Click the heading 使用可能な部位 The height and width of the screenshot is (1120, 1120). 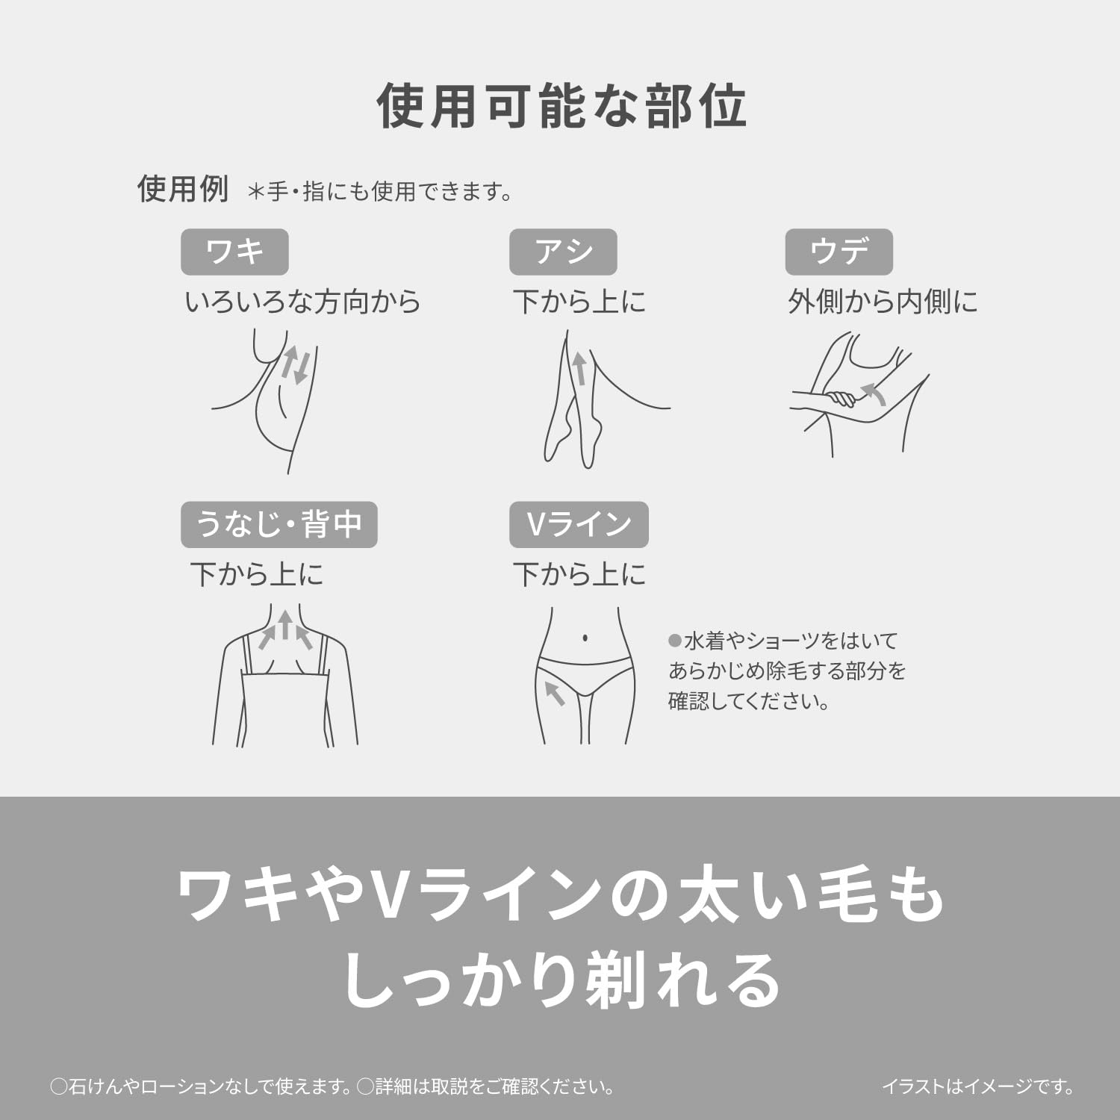point(561,105)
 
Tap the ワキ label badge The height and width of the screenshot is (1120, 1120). point(234,252)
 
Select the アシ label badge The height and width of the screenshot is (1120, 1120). point(563,252)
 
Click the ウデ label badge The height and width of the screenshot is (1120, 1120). point(839,252)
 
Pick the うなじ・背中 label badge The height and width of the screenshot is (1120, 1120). point(279,524)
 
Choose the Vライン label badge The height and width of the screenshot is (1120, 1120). point(579,524)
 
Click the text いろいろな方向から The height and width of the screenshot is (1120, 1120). point(303,302)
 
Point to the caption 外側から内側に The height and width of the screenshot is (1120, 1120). point(883,302)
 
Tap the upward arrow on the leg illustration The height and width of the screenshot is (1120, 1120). point(579,369)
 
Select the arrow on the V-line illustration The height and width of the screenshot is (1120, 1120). point(554,692)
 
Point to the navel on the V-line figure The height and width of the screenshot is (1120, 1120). point(585,638)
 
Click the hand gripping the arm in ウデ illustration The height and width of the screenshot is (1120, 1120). point(840,397)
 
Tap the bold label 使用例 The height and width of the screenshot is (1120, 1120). point(183,189)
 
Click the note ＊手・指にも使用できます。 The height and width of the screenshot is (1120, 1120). point(380,192)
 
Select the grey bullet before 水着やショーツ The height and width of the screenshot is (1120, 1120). point(675,641)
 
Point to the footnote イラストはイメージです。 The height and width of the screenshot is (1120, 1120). point(978,1086)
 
